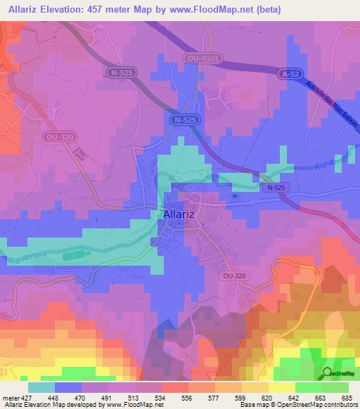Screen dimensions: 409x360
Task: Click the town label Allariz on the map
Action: click(x=182, y=215)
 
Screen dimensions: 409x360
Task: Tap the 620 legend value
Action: click(x=266, y=396)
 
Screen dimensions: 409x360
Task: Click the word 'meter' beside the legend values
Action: click(x=9, y=396)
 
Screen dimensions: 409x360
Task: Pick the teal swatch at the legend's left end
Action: click(x=41, y=387)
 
